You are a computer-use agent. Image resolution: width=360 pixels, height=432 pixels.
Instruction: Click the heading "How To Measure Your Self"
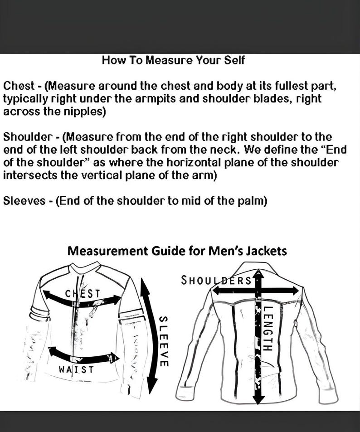(173, 60)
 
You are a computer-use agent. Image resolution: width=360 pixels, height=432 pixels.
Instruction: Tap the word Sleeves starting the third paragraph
(23, 201)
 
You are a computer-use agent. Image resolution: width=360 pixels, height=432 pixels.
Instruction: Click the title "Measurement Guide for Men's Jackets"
(177, 251)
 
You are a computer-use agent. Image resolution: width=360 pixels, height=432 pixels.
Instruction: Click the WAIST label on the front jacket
(76, 369)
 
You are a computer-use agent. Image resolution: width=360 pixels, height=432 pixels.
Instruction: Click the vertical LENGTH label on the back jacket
(267, 329)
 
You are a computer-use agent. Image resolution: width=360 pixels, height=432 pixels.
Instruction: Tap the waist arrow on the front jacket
(82, 355)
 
